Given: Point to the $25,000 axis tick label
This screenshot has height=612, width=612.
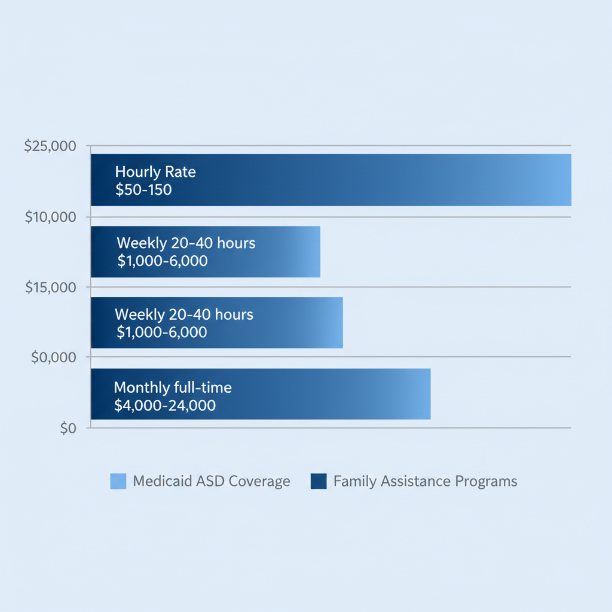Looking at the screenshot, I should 50,146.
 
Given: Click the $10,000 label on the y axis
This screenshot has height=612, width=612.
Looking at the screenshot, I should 51,217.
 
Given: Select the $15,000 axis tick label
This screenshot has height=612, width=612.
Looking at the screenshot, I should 51,287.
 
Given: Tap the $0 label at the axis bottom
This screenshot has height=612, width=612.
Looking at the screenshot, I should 68,429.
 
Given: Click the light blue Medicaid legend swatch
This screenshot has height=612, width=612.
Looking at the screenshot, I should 118,481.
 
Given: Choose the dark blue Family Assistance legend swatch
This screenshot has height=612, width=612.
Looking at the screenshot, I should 319,481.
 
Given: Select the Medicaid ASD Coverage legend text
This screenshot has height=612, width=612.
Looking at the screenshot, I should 212,481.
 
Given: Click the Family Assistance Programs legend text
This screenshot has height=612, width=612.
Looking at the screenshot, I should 425,481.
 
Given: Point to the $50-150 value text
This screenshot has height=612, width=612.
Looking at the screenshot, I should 143,190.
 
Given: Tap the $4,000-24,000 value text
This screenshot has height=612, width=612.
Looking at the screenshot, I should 164,405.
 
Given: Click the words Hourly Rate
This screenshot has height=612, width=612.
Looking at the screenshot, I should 155,172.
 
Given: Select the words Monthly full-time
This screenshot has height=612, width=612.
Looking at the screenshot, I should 173,387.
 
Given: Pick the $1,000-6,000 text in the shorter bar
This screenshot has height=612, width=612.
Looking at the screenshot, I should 163,261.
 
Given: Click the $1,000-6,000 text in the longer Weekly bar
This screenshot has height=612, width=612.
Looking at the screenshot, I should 161,332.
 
